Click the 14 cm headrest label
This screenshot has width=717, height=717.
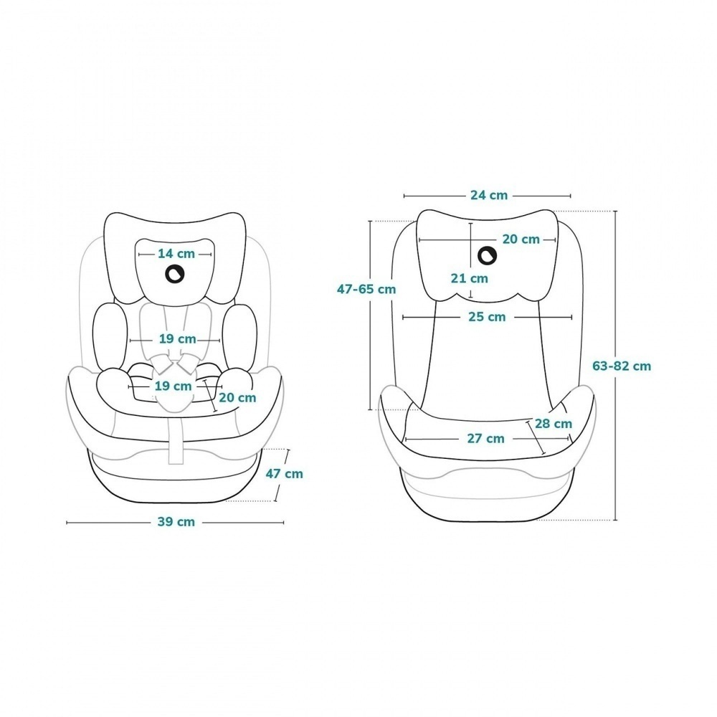[x=176, y=253]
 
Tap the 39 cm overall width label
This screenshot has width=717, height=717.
[x=176, y=522]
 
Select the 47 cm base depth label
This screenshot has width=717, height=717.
[x=285, y=474]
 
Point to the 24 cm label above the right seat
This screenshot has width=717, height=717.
[x=489, y=195]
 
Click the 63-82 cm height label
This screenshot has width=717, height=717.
[x=622, y=366]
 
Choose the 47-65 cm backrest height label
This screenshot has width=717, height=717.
[x=366, y=289]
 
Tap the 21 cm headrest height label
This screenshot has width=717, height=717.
[x=469, y=278]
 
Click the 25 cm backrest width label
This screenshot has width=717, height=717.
[x=487, y=317]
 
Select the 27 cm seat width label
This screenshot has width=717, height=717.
[x=485, y=439]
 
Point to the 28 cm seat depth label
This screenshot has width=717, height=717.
[x=554, y=424]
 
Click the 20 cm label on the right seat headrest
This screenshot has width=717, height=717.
[x=521, y=239]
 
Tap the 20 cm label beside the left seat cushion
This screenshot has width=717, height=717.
[x=237, y=397]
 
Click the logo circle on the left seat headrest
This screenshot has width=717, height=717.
[x=175, y=274]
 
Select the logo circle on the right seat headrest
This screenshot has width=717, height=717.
[x=487, y=256]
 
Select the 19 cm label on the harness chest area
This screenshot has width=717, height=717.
[x=177, y=339]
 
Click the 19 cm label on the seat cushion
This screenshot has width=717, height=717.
[x=173, y=386]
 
